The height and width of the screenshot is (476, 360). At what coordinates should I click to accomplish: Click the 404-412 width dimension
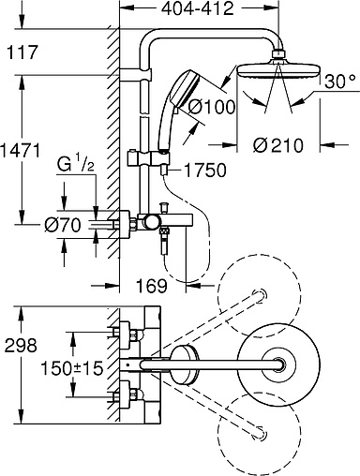(197, 8)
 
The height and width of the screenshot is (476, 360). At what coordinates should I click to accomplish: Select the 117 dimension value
(22, 52)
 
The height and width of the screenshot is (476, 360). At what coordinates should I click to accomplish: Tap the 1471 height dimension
(20, 150)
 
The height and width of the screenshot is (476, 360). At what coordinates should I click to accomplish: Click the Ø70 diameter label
(63, 225)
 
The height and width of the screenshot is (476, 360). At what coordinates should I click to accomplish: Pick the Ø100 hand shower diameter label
(212, 107)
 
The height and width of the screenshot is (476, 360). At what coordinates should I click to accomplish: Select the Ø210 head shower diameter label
(278, 145)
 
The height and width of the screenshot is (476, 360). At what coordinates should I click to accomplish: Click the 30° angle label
(340, 82)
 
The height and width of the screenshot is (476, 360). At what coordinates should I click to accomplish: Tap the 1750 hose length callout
(205, 171)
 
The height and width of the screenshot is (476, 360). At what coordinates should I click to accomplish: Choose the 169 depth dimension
(152, 286)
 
